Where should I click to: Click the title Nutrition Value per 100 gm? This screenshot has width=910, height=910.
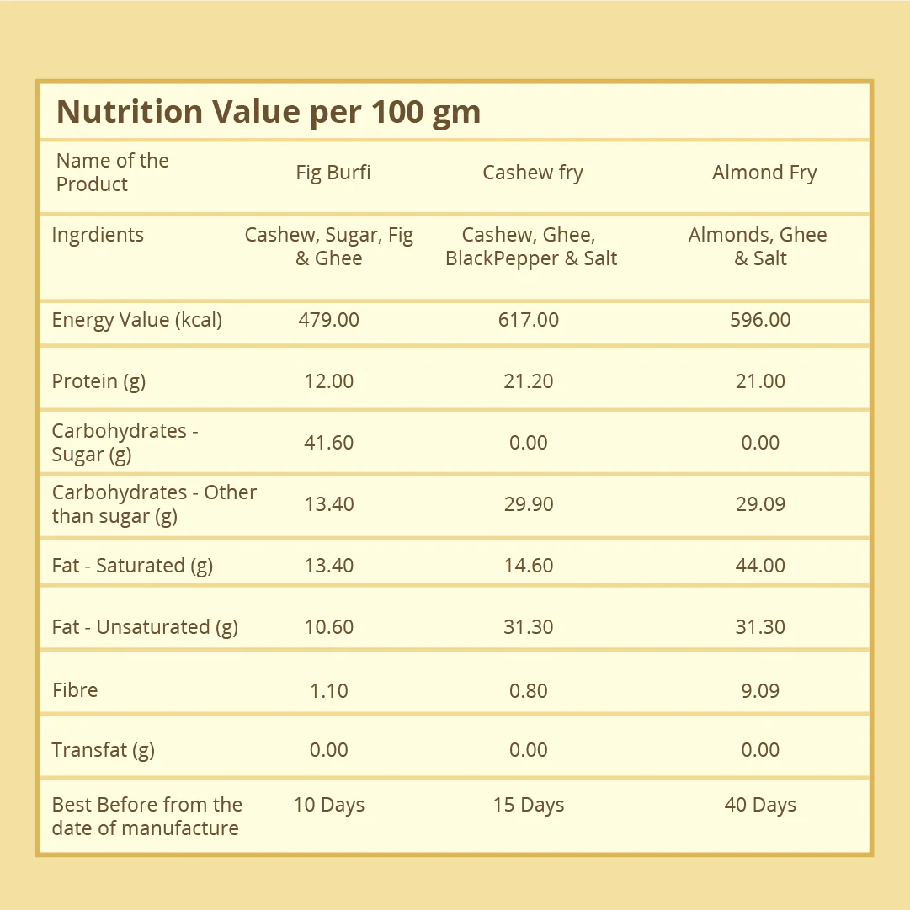269,112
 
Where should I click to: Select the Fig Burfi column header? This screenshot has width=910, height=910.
333,173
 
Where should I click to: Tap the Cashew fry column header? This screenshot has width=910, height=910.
533,173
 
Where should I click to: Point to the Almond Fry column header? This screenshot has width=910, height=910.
764,173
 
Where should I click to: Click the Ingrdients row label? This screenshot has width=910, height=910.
98,235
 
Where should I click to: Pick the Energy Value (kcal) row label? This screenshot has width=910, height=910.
137,320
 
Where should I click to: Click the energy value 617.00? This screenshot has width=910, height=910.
528,320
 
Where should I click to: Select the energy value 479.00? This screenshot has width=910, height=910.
328,320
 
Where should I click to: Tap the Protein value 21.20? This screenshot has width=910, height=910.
528,381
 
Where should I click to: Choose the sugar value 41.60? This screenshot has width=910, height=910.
328,443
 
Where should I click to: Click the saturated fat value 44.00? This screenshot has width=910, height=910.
760,565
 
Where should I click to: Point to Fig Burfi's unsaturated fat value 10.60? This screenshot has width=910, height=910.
328,627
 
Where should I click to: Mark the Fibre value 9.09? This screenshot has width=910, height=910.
760,690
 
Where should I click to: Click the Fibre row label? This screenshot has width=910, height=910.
75,690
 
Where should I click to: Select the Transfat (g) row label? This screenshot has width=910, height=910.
104,750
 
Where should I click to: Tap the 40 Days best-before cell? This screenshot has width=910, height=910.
760,805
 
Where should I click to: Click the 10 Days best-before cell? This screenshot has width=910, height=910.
328,805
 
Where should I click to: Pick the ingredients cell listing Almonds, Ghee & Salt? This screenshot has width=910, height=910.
758,246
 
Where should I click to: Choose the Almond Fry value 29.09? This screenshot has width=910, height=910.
760,503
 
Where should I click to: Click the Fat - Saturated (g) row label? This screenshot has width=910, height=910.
132,565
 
